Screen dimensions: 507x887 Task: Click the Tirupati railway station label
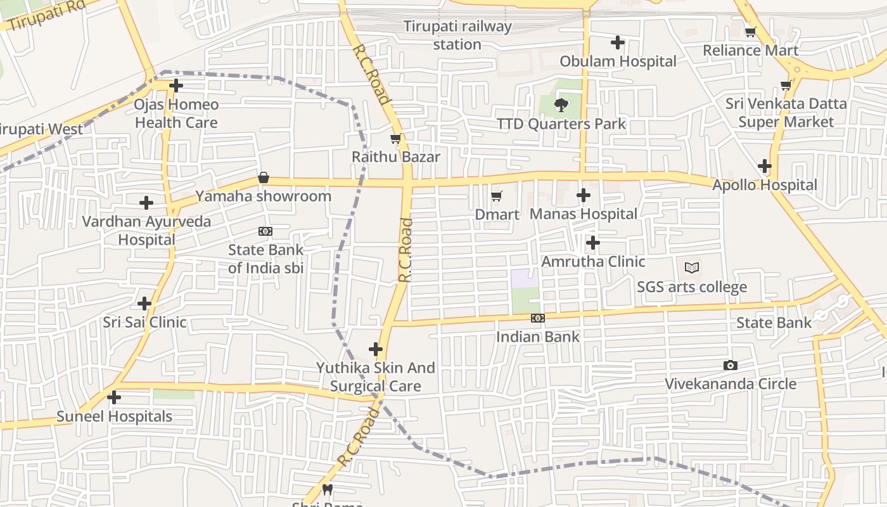point(457,35)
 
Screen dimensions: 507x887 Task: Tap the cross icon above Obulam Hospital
point(618,42)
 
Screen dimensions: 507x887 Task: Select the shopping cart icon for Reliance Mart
point(751,32)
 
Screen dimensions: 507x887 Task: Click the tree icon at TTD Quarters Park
point(561,105)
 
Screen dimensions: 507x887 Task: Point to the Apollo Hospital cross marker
point(765,167)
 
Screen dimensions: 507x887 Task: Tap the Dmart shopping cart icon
point(497,196)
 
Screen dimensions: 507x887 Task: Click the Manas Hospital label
point(584,214)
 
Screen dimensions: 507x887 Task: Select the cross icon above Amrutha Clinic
point(592,243)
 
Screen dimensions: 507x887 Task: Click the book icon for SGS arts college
point(692,268)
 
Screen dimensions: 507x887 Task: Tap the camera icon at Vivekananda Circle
point(730,365)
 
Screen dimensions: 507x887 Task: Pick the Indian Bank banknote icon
point(537,318)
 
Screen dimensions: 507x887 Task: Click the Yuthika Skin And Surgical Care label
point(376,377)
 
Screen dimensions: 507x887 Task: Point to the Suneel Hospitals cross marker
point(114,397)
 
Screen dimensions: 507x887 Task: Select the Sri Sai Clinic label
point(144,322)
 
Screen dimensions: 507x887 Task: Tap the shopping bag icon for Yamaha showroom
point(264,177)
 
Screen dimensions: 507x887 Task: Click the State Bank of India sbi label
point(266,259)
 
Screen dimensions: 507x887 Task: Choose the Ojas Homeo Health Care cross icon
point(176,86)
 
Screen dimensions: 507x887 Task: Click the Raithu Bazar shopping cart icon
point(396,138)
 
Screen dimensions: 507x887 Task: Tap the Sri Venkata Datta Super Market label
point(786,113)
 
